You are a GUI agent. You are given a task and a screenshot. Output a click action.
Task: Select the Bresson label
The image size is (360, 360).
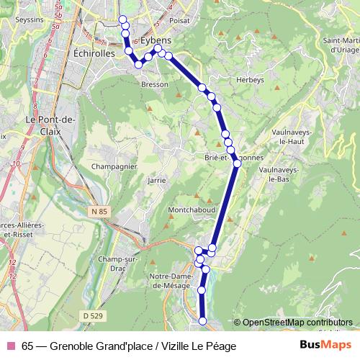click(156, 84)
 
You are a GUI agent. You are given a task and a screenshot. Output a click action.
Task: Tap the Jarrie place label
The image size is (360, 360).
click(156, 180)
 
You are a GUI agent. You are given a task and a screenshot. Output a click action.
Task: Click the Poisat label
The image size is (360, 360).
click(179, 21)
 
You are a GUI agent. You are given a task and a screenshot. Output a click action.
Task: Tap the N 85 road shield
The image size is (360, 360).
click(100, 211)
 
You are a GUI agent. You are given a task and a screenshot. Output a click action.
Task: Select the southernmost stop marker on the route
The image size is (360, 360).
click(202, 320)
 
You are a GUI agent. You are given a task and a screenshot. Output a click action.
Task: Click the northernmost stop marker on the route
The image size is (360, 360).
click(122, 19)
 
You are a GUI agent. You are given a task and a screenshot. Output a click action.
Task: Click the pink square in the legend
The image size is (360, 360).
click(11, 346)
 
